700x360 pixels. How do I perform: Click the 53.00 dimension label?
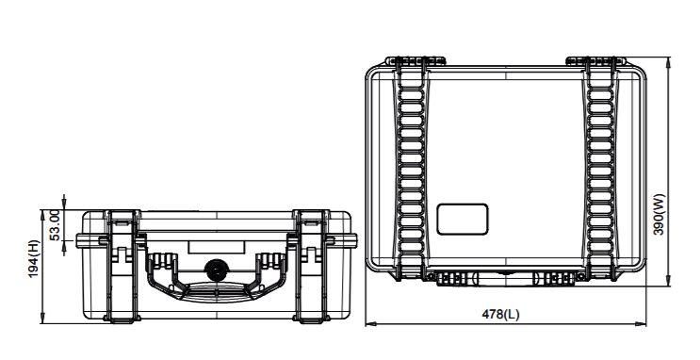56,225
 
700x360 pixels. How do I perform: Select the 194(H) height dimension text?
33,259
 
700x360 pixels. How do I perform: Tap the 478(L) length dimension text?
498,314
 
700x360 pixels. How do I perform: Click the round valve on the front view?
216,270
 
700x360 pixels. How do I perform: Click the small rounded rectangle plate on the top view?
463,220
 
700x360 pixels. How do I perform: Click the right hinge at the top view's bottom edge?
555,278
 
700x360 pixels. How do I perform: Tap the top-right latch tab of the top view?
592,61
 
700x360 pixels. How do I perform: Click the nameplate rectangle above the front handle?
216,246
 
